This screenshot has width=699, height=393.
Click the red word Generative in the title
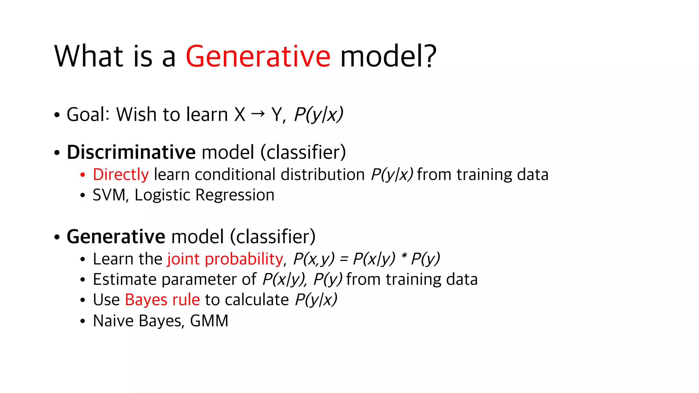[258, 56]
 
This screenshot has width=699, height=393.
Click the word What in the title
[88, 56]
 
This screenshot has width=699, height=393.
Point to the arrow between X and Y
[258, 113]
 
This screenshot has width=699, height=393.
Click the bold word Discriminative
[131, 152]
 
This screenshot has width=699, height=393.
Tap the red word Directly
[121, 175]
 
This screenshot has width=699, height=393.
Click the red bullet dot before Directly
[83, 175]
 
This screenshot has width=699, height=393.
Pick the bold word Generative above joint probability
[116, 236]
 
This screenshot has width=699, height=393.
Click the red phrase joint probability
[225, 259]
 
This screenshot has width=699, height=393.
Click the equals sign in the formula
[344, 259]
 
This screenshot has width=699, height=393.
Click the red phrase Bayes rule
[162, 300]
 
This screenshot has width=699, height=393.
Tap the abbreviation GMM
[209, 321]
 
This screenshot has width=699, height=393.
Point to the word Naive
[113, 321]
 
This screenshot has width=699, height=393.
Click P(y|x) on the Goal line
[318, 114]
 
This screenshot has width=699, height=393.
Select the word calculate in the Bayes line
[257, 300]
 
